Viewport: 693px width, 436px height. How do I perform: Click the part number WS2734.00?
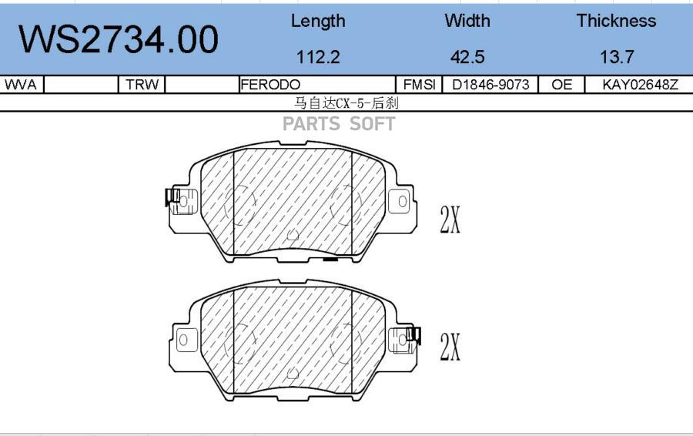tap(118, 39)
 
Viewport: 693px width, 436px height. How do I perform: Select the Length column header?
tap(318, 22)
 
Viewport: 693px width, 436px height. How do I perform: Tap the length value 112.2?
tap(318, 57)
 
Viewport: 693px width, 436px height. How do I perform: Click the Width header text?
tap(467, 21)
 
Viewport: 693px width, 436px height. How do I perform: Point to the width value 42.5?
tap(467, 57)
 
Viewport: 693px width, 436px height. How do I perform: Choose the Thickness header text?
tap(616, 21)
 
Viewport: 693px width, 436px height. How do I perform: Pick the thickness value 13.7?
tap(617, 57)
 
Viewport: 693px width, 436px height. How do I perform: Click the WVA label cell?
tap(21, 85)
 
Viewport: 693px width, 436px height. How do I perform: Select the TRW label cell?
tap(142, 85)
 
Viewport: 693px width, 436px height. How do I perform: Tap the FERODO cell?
tap(270, 85)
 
